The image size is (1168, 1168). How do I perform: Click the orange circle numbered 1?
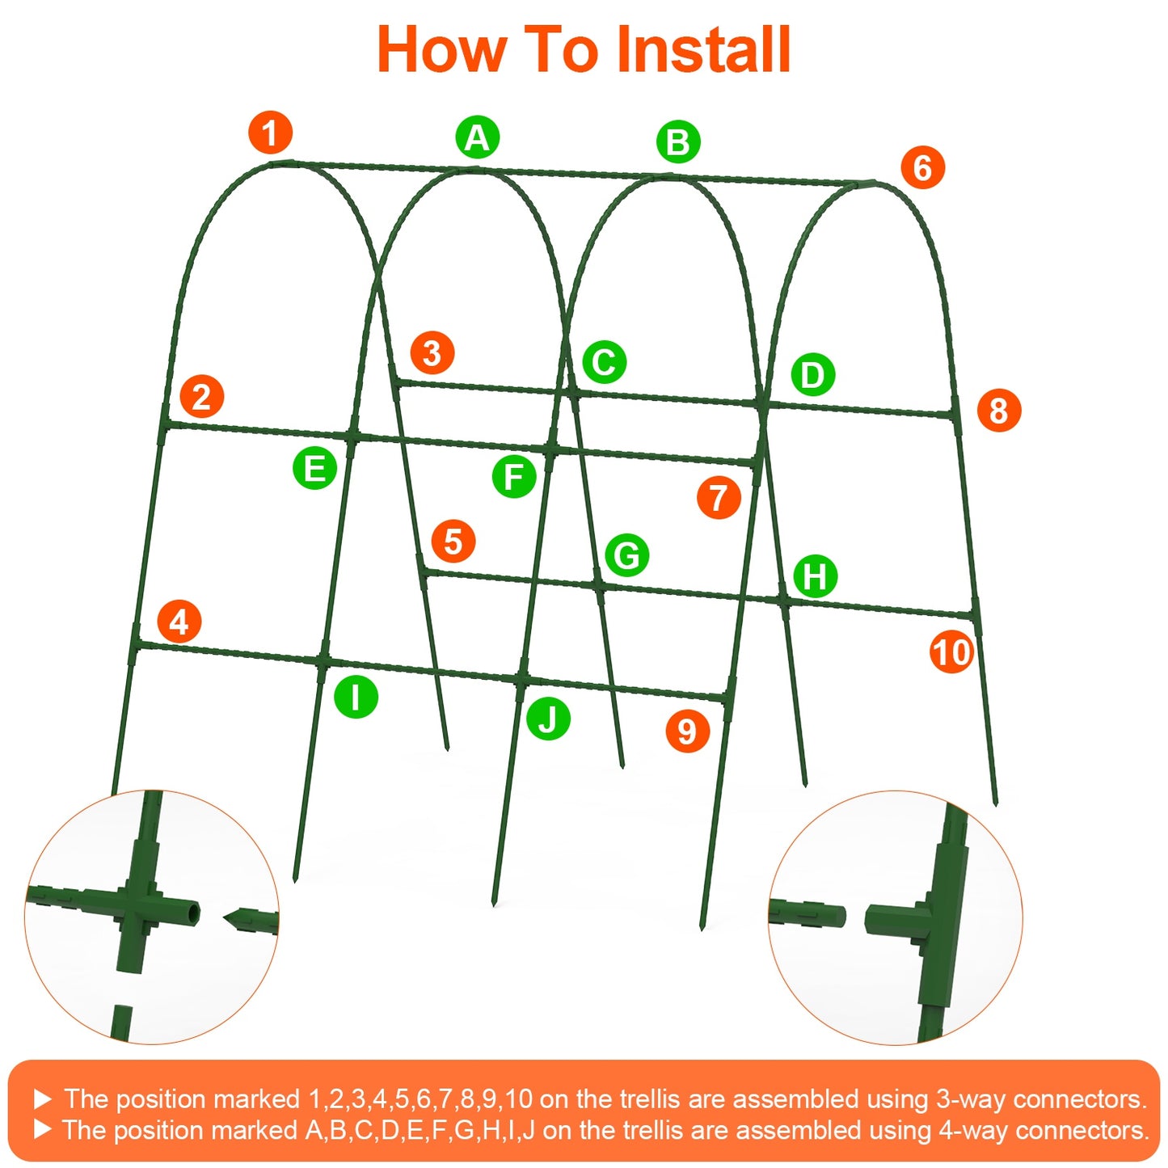click(270, 133)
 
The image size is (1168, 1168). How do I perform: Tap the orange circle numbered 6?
click(922, 168)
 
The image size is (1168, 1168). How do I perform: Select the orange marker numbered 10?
click(951, 652)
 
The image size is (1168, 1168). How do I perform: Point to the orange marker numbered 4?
click(179, 622)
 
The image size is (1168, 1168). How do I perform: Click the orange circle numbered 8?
click(998, 410)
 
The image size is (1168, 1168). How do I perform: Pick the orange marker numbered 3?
click(432, 353)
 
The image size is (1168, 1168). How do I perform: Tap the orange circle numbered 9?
click(687, 731)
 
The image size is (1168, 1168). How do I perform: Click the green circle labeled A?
click(477, 137)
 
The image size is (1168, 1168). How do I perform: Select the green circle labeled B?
click(677, 141)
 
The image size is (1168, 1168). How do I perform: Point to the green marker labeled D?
click(812, 374)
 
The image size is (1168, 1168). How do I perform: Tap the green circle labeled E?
click(314, 468)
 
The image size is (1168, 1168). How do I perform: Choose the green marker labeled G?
click(626, 555)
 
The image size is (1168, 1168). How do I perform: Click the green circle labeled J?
click(548, 719)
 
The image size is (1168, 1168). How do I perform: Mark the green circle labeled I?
click(356, 696)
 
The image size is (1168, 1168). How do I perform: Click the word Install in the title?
click(702, 50)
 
